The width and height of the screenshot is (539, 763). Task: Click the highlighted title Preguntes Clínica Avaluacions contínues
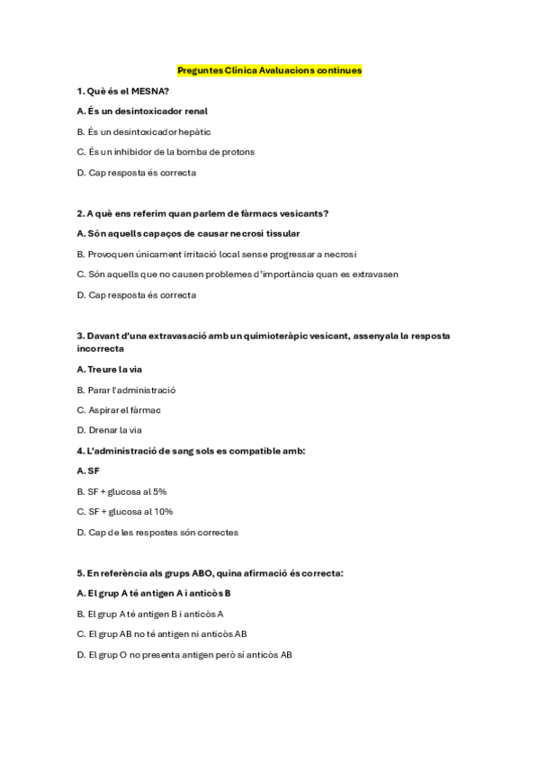[269, 70]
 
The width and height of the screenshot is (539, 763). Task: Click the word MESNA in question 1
[148, 91]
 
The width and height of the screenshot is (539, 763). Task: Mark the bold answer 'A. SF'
[88, 471]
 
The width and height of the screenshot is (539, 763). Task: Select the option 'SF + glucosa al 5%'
[121, 491]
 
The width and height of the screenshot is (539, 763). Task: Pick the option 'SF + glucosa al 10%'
[124, 512]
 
